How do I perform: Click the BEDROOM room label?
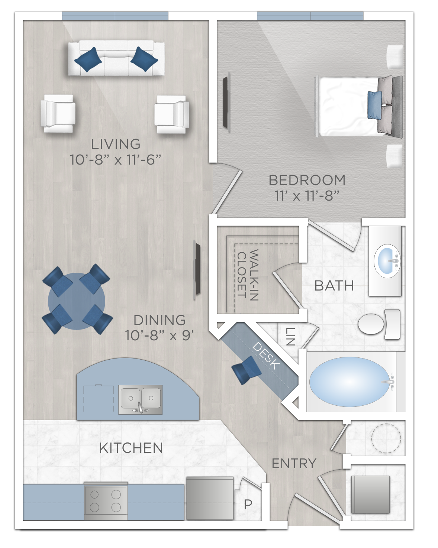click(x=307, y=180)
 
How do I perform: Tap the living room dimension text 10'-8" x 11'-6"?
click(x=115, y=160)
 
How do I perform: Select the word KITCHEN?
click(x=131, y=448)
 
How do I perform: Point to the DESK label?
click(x=266, y=356)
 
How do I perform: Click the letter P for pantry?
click(x=248, y=505)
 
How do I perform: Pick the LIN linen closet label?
click(x=290, y=337)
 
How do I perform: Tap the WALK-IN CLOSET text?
click(x=248, y=275)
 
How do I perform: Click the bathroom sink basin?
click(x=387, y=261)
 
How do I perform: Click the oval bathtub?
click(x=347, y=382)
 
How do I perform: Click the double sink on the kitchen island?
click(x=141, y=399)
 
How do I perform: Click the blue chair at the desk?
click(x=246, y=370)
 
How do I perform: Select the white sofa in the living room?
click(x=116, y=59)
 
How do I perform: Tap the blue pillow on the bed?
click(x=374, y=105)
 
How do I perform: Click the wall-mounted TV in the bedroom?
click(x=225, y=102)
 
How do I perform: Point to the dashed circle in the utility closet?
click(x=386, y=438)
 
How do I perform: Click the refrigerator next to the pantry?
click(x=210, y=498)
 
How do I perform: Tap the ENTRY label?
click(x=294, y=464)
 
